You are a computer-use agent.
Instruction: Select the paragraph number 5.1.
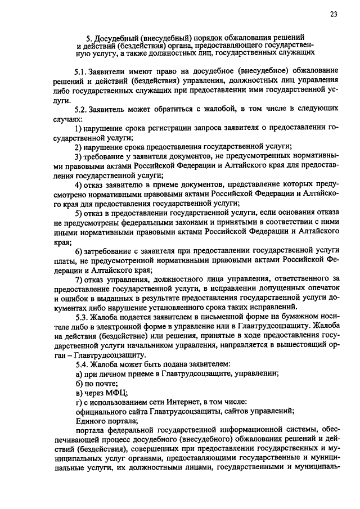coord(82,73)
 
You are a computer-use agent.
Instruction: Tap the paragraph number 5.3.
coord(82,316)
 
